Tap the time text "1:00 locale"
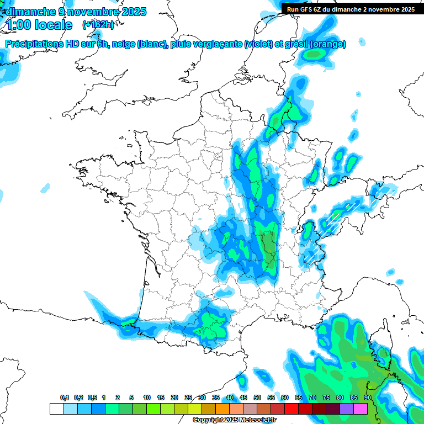coord(39,25)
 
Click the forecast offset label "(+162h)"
coord(98,25)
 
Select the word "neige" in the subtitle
coord(124,44)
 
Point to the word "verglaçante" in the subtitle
coord(215,44)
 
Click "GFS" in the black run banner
coord(311,9)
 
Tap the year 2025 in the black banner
coord(406,9)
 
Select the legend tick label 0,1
coord(64,398)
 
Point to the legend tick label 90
coord(367,398)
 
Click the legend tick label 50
coord(257,398)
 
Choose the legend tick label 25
coord(188,398)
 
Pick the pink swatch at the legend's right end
coord(361,409)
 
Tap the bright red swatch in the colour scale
coord(291,409)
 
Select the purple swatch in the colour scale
coord(347,409)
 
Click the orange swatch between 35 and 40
coord(222,409)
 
